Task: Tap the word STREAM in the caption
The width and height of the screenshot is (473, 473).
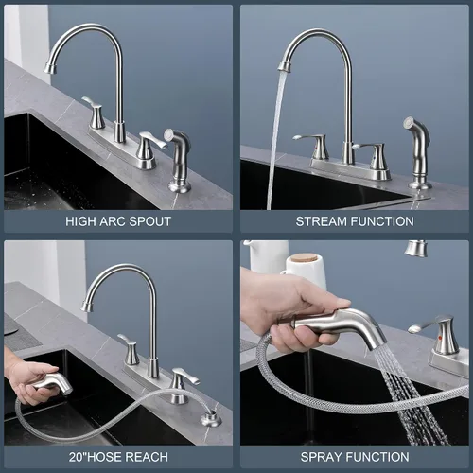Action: (x=322, y=221)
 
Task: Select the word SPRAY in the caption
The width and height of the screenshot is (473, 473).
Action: (x=322, y=457)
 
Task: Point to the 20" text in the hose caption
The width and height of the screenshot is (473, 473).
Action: (x=78, y=457)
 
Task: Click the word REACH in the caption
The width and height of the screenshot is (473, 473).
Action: (x=148, y=457)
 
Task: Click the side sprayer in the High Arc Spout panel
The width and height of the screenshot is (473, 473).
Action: (x=178, y=160)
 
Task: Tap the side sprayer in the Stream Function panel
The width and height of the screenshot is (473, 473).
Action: (x=417, y=153)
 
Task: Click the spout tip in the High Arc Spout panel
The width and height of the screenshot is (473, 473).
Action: (x=50, y=68)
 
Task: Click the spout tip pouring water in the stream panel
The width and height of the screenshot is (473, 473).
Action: (x=284, y=66)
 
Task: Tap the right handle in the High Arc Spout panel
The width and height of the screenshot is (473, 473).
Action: (x=149, y=148)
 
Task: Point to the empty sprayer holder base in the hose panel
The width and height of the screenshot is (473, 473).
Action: (x=211, y=419)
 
